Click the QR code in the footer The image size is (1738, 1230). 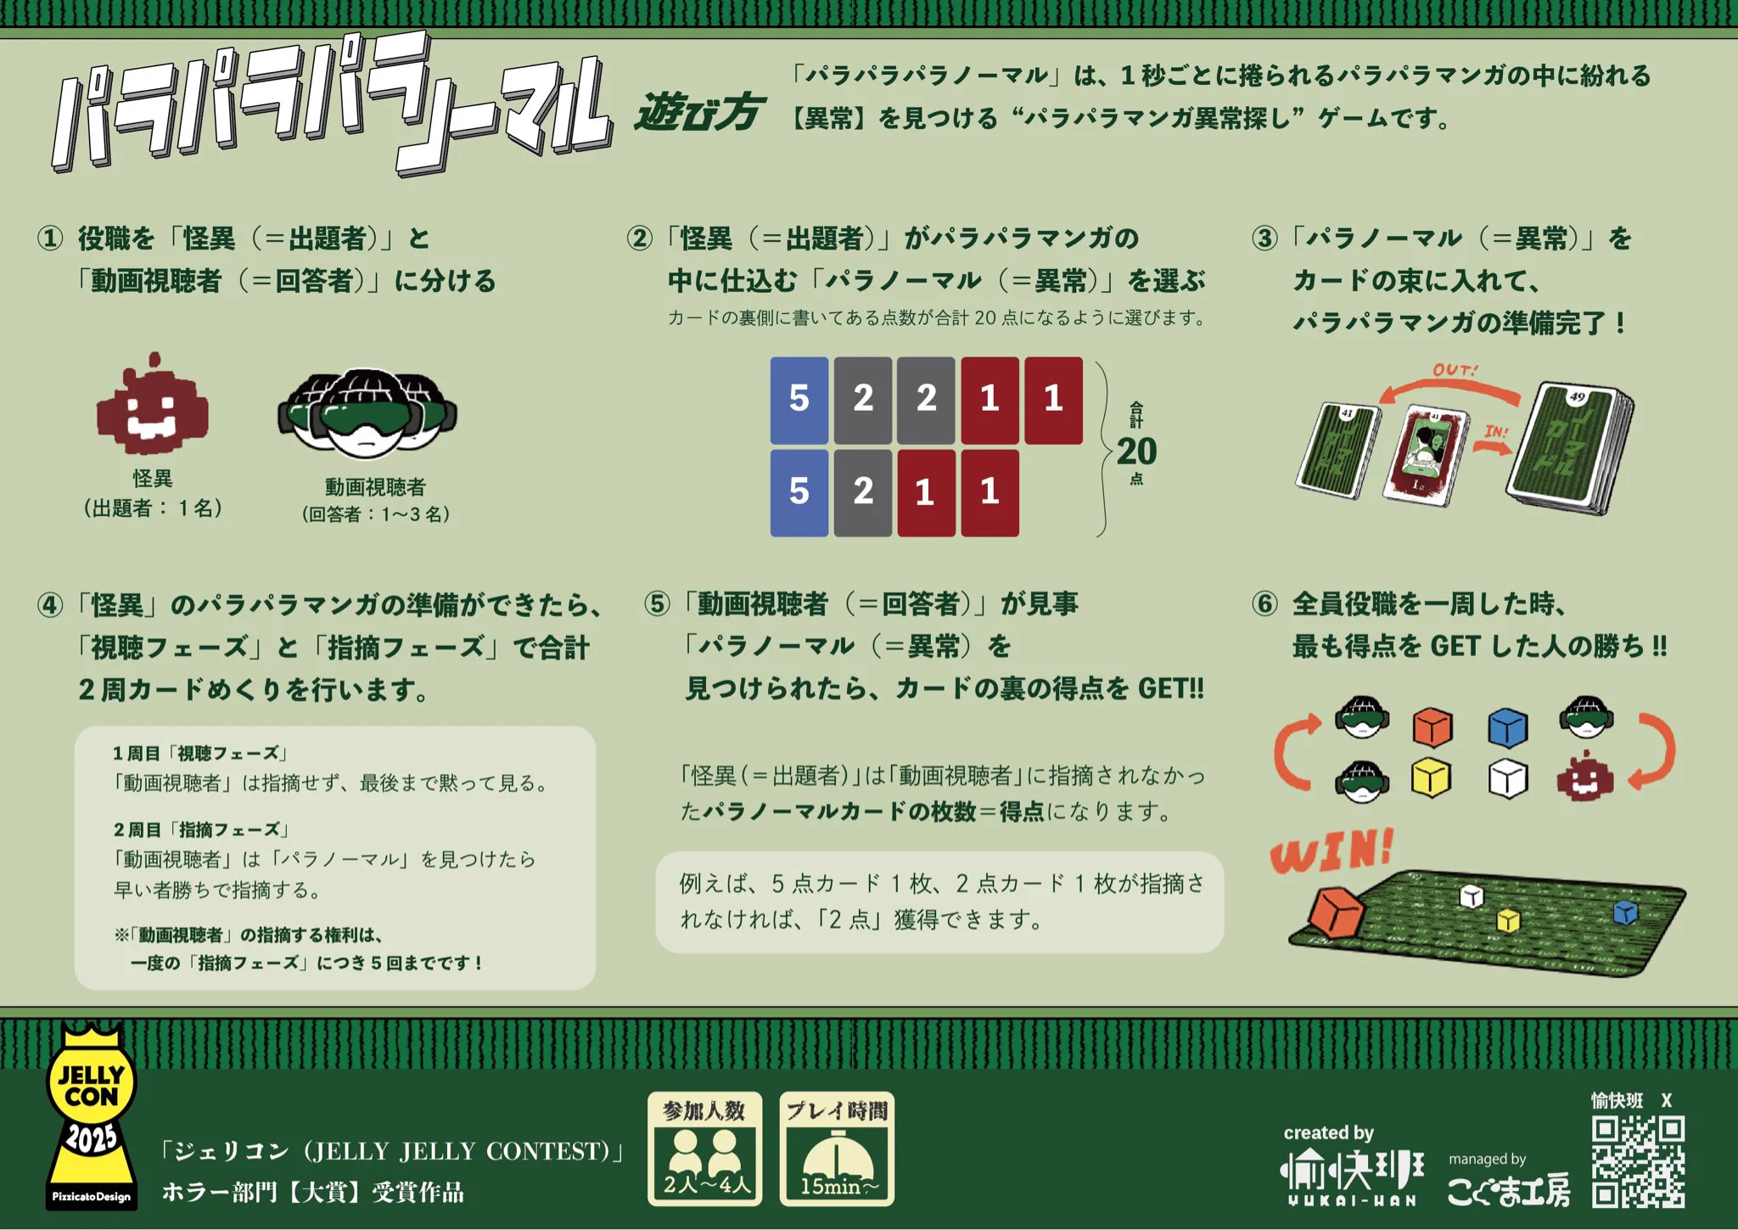[1638, 1161]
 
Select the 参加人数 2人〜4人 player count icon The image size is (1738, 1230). [705, 1149]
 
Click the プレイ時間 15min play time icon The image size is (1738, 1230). [837, 1149]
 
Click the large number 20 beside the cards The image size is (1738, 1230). [1136, 451]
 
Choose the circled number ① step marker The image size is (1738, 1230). [50, 238]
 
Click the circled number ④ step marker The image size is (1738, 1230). [50, 605]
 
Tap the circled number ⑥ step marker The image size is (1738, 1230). [1264, 604]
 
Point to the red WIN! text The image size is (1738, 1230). [1331, 851]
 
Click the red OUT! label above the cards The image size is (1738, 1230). [1455, 370]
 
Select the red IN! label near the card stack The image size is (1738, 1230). [1496, 432]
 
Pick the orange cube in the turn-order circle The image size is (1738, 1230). [1432, 727]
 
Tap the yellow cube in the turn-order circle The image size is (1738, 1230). [1431, 778]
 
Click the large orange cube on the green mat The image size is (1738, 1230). [1336, 912]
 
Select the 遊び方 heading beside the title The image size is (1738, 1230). [698, 113]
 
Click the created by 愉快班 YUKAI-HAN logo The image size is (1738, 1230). [1351, 1165]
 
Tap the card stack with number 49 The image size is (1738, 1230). [1570, 448]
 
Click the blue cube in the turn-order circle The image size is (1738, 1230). [1508, 727]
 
